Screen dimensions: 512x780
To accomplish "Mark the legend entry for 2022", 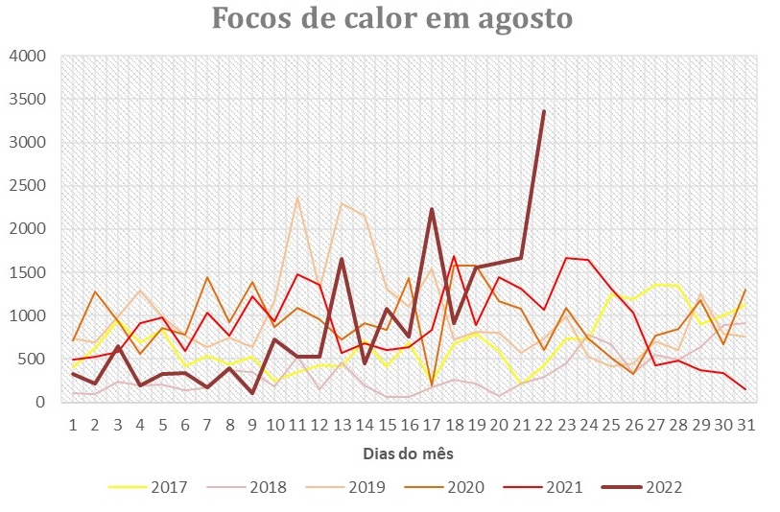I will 663,487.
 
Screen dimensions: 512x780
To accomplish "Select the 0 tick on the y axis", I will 40,403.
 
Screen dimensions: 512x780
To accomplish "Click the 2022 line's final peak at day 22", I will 544,111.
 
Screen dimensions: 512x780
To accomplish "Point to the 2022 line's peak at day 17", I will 432,209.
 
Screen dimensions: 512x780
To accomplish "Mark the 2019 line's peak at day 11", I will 297,198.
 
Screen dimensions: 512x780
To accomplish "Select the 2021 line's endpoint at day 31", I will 745,389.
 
